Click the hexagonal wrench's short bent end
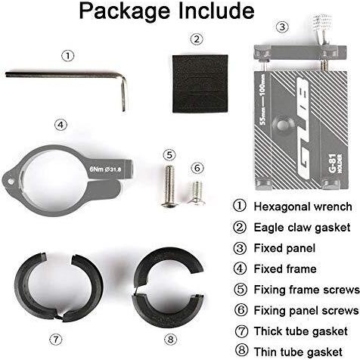pyautogui.click(x=124, y=95)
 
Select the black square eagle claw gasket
pyautogui.click(x=200, y=83)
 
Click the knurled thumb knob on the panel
pyautogui.click(x=322, y=25)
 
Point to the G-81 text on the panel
pyautogui.click(x=333, y=163)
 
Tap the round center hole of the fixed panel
pyautogui.click(x=282, y=124)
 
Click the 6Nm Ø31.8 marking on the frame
pyautogui.click(x=105, y=169)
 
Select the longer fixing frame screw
pyautogui.click(x=169, y=187)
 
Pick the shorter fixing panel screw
pyautogui.click(x=197, y=193)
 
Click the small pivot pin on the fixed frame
pyautogui.click(x=10, y=181)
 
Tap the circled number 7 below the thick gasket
pyautogui.click(x=55, y=339)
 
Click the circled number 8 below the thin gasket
pyautogui.click(x=170, y=339)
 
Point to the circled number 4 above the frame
pyautogui.click(x=61, y=125)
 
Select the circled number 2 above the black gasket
pyautogui.click(x=197, y=39)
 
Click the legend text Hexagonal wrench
pyautogui.click(x=303, y=206)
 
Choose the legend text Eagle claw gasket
pyautogui.click(x=302, y=228)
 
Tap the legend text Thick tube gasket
pyautogui.click(x=301, y=331)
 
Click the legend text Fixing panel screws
pyautogui.click(x=306, y=311)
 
